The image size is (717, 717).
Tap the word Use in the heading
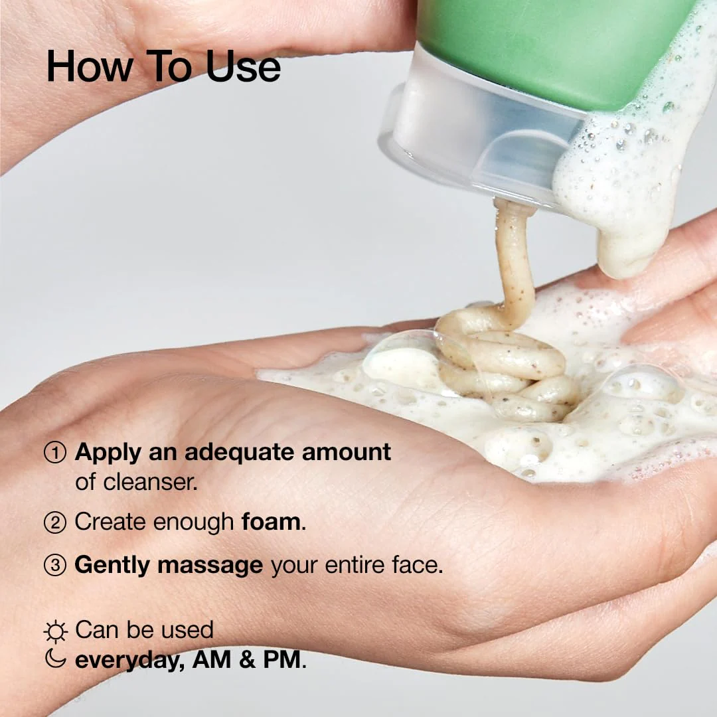pyautogui.click(x=243, y=66)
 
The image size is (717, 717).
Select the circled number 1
pyautogui.click(x=55, y=453)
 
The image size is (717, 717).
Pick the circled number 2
pyautogui.click(x=55, y=522)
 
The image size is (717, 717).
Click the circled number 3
pyautogui.click(x=55, y=566)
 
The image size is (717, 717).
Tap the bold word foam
pyautogui.click(x=271, y=522)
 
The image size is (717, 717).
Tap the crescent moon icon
pyautogui.click(x=55, y=659)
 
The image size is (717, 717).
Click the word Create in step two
pyautogui.click(x=110, y=522)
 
